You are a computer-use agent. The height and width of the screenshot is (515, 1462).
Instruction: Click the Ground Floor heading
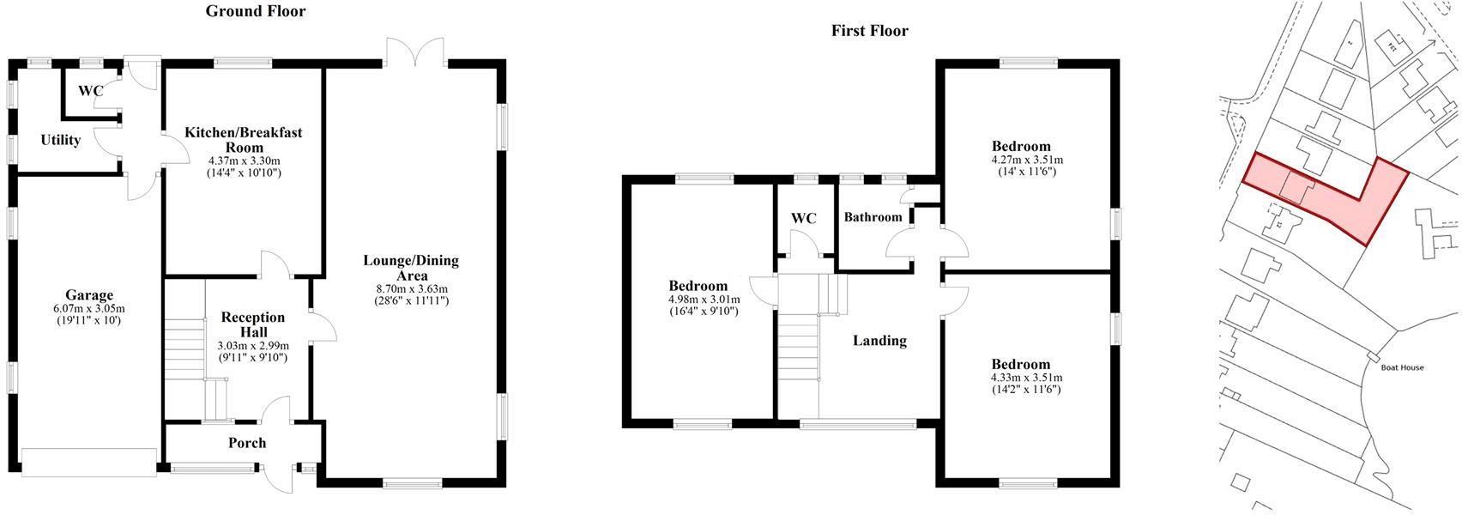click(x=256, y=11)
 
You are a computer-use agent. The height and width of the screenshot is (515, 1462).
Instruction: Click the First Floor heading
click(x=869, y=31)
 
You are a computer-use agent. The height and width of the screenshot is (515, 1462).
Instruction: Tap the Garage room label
click(x=89, y=295)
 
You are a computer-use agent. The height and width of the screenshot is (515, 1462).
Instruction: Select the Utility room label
click(x=60, y=140)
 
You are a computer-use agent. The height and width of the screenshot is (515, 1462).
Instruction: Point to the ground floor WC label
click(x=90, y=90)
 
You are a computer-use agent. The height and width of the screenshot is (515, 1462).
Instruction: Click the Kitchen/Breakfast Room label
click(x=244, y=140)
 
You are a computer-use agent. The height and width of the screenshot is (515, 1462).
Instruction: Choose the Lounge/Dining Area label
click(x=411, y=268)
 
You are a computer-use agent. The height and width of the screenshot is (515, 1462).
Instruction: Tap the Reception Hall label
click(x=253, y=324)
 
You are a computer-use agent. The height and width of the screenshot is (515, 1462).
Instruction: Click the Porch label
click(x=247, y=443)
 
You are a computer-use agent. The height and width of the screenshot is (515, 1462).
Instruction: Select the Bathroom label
click(x=873, y=217)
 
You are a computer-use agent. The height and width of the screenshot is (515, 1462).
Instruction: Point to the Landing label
click(x=879, y=341)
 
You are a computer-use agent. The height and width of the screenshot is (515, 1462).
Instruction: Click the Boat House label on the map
click(x=1402, y=367)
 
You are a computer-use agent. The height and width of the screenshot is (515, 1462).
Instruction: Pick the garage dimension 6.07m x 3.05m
click(x=89, y=308)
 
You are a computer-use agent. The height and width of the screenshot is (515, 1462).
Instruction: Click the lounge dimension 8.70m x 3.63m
click(x=411, y=288)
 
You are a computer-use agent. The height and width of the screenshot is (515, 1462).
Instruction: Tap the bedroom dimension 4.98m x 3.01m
click(x=698, y=299)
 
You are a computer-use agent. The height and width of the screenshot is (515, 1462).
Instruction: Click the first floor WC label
click(x=803, y=218)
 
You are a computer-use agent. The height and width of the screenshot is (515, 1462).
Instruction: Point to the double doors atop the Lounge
click(x=415, y=53)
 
